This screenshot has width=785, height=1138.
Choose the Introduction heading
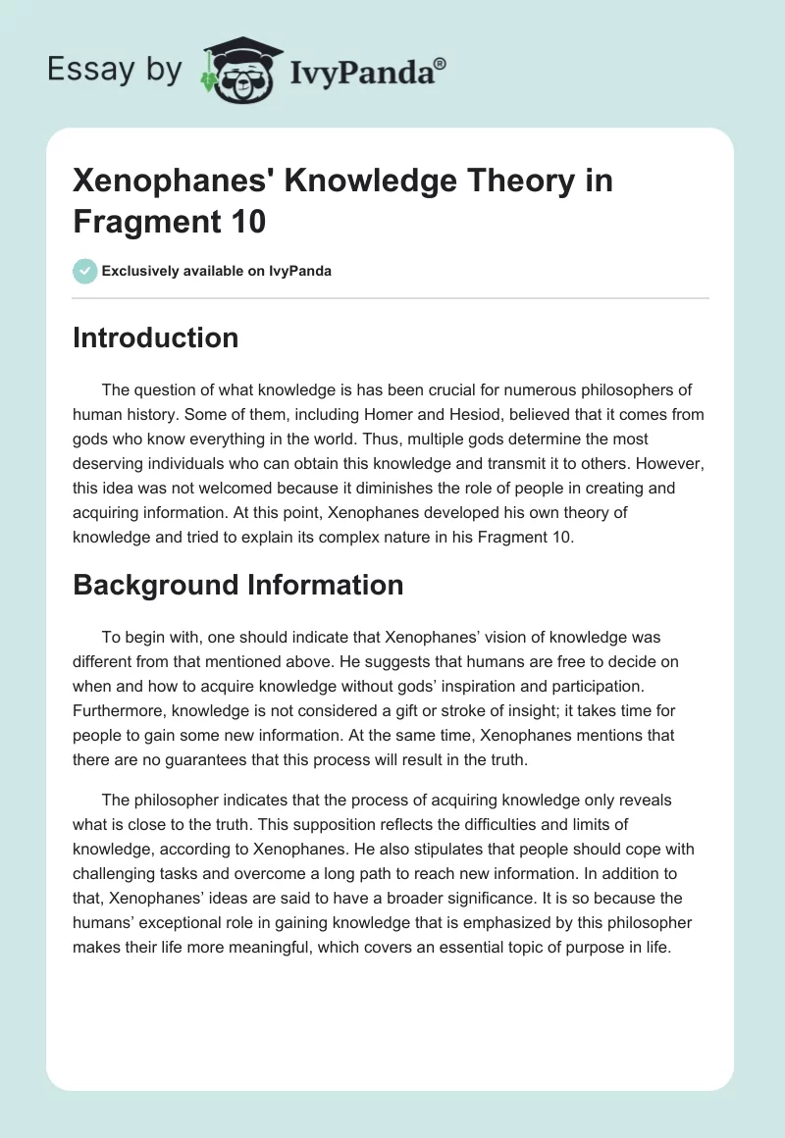click(155, 337)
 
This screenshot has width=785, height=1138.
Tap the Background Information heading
click(237, 585)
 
